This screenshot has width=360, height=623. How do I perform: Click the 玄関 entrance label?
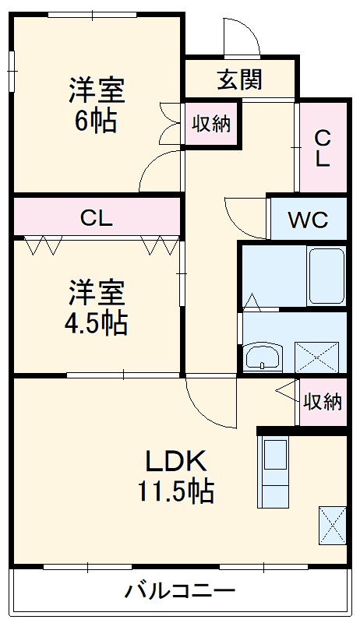click(239, 79)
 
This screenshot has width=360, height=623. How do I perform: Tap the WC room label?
click(308, 219)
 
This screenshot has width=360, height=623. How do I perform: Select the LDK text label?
click(175, 461)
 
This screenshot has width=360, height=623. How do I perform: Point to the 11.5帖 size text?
click(176, 491)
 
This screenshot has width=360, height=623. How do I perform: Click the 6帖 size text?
click(97, 121)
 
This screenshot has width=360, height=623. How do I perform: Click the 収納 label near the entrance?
click(212, 124)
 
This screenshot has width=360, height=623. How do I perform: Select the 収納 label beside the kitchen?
click(323, 402)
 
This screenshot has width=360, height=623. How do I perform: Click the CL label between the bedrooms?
click(97, 218)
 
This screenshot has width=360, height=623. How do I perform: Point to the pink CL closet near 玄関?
click(323, 148)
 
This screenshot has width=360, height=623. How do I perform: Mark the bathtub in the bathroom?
click(326, 276)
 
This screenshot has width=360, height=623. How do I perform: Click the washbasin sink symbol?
click(263, 358)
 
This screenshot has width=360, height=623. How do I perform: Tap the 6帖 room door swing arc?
click(161, 171)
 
